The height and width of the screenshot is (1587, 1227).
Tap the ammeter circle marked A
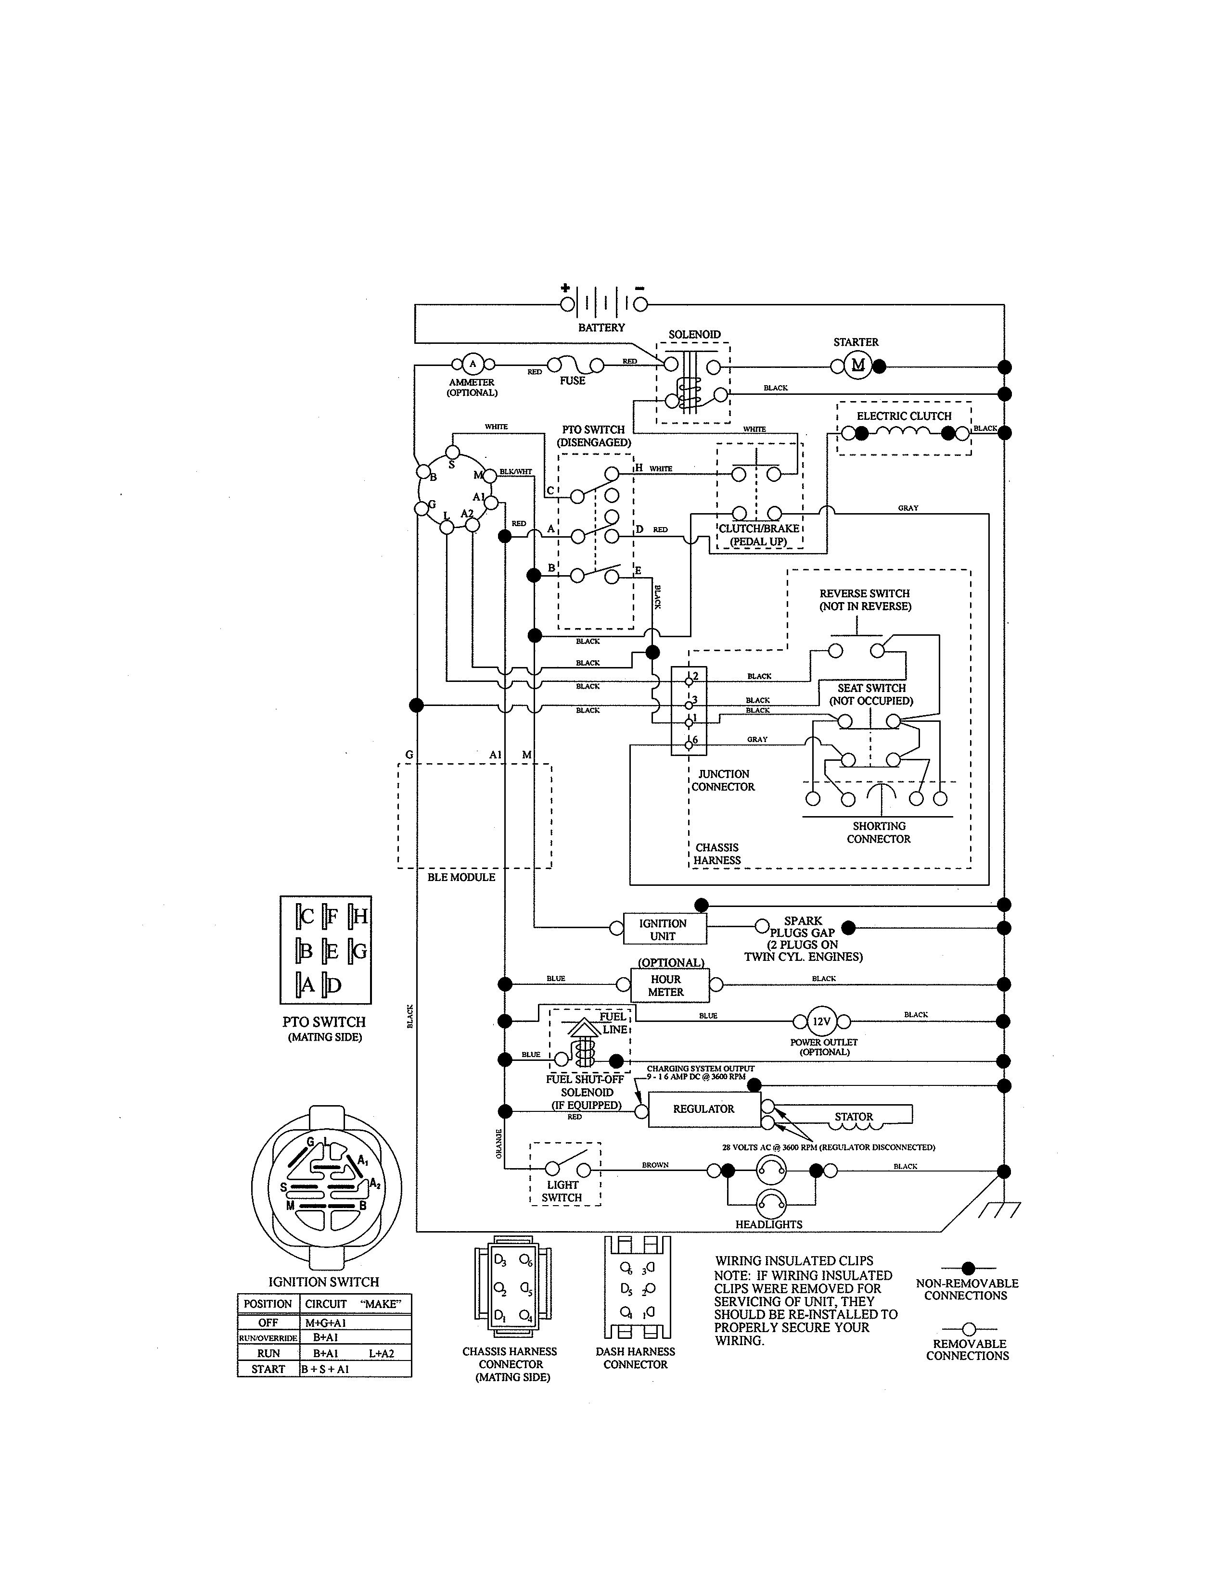(473, 363)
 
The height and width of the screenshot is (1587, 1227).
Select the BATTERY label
(601, 327)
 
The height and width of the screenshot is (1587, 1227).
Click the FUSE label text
(572, 381)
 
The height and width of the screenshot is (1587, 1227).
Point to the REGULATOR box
(703, 1109)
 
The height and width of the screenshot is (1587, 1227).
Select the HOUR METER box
(666, 985)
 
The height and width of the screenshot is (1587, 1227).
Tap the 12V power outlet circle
(821, 1021)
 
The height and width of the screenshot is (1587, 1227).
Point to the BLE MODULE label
(461, 877)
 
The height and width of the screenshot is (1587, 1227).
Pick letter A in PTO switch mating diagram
(307, 985)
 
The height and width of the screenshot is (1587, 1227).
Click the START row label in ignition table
(268, 1369)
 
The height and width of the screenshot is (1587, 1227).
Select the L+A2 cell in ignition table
(381, 1353)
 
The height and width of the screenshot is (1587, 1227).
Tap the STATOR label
(854, 1117)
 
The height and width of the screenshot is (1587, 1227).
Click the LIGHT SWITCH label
(562, 1191)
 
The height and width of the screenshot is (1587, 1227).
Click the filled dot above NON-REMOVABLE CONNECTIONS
(968, 1269)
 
